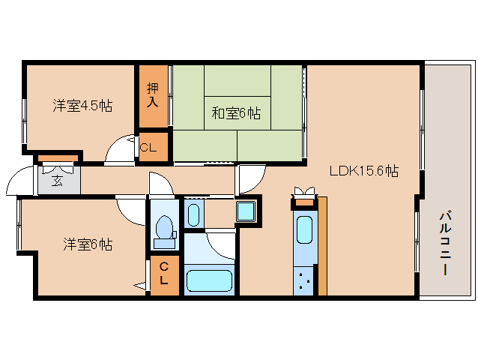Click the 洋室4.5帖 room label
click(82, 106)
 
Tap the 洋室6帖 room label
click(88, 244)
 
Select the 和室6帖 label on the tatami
click(235, 113)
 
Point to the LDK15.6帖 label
click(363, 171)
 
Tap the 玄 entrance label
click(58, 180)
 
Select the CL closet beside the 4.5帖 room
click(148, 148)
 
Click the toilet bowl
click(163, 228)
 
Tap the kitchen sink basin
click(304, 229)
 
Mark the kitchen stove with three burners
click(304, 282)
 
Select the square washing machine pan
click(246, 211)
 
